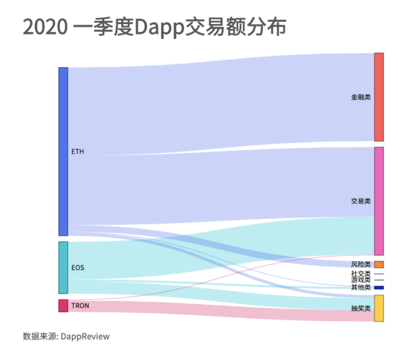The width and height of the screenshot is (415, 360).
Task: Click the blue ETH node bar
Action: coord(63,152)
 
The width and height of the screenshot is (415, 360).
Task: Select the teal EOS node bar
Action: coord(63,267)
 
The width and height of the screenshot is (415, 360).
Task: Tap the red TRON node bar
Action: coord(63,306)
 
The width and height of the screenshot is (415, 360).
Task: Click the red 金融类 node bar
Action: coord(379,97)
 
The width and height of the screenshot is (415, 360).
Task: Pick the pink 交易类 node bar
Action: coord(379,201)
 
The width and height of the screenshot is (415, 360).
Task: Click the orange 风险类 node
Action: coord(379,265)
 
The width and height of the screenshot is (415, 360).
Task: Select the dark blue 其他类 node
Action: coord(379,288)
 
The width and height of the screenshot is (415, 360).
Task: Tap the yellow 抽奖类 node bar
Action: coord(379,308)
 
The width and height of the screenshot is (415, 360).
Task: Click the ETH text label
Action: coord(78,152)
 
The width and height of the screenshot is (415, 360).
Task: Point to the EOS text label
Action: coord(78,267)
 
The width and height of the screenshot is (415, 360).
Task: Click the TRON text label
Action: coord(80,306)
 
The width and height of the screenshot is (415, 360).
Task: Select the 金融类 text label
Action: coord(361,97)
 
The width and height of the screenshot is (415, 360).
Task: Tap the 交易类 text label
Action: coord(361,201)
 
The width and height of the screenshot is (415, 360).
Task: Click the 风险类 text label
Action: coord(361,265)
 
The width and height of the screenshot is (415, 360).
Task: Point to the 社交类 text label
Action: coord(361,273)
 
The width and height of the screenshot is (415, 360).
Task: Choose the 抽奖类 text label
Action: coord(361,308)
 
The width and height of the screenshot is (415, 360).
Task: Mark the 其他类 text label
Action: coord(361,288)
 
